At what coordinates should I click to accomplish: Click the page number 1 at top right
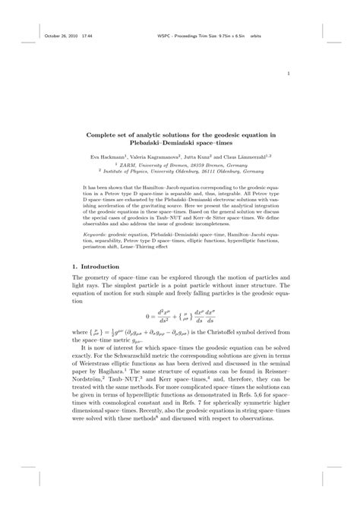click(x=289, y=74)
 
